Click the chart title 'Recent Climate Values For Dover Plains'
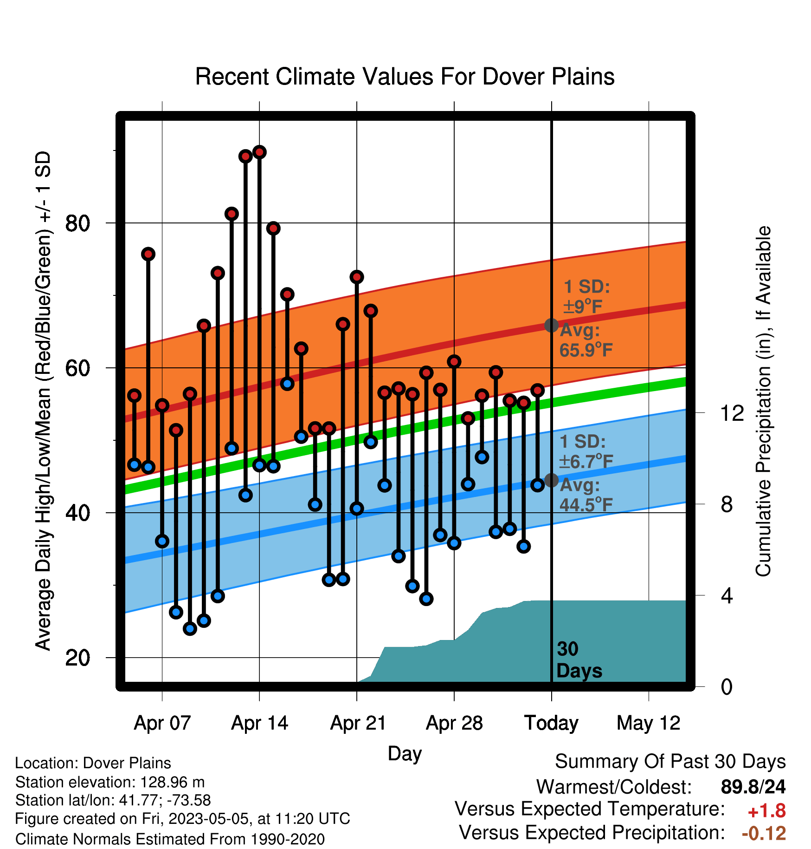tap(405, 77)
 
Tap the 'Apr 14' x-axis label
tap(259, 723)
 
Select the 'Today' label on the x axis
tap(551, 723)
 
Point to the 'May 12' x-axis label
tap(648, 723)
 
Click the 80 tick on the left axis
tap(77, 223)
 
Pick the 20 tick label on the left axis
tap(77, 658)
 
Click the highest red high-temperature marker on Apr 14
tap(259, 152)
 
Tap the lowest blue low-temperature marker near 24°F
tap(190, 629)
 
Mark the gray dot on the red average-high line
tap(551, 325)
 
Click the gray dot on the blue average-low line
tap(551, 480)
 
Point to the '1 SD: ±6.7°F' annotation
tap(586, 451)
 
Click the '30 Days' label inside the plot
tap(579, 660)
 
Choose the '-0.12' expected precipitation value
tap(764, 834)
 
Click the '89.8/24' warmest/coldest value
tap(753, 787)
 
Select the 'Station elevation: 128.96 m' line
tap(110, 782)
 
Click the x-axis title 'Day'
tap(405, 753)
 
